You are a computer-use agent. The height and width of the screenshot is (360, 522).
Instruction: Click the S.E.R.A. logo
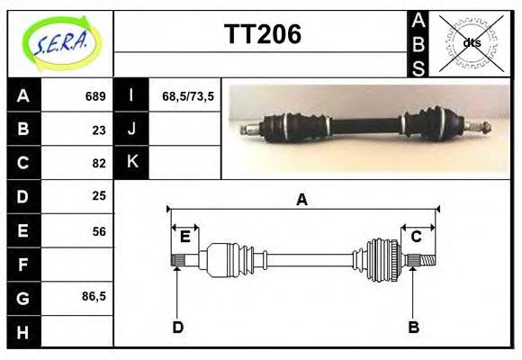58,42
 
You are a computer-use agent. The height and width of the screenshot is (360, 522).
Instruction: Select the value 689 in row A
95,96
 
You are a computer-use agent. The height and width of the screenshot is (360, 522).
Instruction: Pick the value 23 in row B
99,130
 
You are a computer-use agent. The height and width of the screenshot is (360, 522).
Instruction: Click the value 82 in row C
99,163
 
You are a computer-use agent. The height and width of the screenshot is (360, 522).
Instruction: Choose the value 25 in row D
99,195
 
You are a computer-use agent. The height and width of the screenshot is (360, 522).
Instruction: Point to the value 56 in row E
99,231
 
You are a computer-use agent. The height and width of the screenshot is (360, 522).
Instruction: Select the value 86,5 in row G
94,296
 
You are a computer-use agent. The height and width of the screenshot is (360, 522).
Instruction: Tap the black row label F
22,265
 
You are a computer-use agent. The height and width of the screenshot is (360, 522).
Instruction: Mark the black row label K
131,162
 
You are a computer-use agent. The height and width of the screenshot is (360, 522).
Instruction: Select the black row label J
131,129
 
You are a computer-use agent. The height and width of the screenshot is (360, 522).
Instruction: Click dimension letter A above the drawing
301,200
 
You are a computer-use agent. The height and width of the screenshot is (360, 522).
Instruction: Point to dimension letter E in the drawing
184,237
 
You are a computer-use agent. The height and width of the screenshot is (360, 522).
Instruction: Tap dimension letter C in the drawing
417,237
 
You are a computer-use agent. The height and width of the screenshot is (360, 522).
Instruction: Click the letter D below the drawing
177,328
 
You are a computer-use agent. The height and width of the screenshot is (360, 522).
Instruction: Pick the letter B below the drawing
413,328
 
